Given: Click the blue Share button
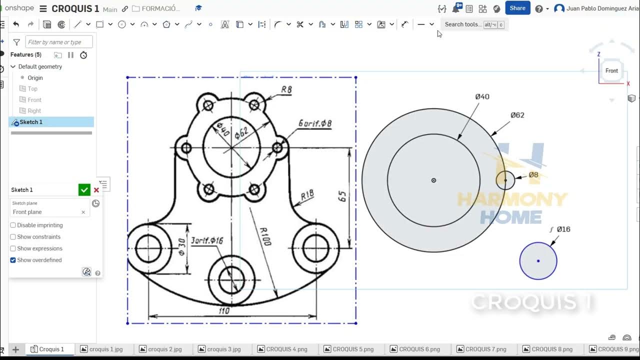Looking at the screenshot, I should [517, 8].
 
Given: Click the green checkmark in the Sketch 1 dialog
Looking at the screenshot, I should [84, 189].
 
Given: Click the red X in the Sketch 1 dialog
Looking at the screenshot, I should [96, 190].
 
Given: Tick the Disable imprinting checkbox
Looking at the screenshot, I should [13, 225].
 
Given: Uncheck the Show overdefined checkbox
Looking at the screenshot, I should [13, 260].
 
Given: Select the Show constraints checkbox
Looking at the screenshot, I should [13, 237].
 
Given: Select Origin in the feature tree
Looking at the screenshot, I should [35, 78].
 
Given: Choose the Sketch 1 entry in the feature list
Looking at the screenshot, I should [31, 122].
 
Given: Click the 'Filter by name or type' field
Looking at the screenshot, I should [59, 42].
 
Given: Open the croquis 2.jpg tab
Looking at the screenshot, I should [164, 349].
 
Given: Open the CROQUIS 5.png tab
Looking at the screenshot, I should [352, 349].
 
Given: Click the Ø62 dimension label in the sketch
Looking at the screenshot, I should [517, 115].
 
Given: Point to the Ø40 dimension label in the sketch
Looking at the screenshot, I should [482, 96].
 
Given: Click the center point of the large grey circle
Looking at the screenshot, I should [433, 180].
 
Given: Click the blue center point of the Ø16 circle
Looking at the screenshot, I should [538, 260].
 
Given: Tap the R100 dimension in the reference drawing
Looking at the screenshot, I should [265, 236].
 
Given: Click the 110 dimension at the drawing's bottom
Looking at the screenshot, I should [224, 311].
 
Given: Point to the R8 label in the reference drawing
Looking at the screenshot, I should [286, 90].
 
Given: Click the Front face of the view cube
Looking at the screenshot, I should [611, 71].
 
